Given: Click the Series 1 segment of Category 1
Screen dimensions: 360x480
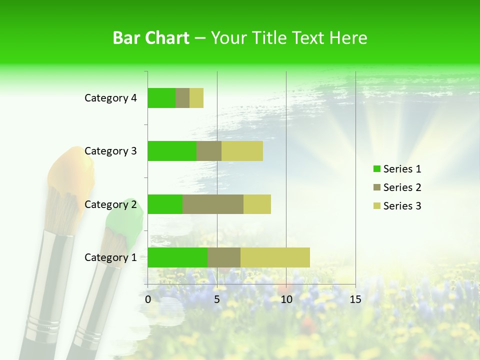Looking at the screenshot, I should coord(177,257).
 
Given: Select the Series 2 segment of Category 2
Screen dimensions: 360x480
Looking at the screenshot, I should coord(213,204).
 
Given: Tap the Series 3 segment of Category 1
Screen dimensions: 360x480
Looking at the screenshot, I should coord(275,257).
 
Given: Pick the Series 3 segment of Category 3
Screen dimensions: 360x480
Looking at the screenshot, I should coord(242,151).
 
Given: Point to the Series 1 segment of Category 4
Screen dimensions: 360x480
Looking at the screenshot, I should coord(161,98).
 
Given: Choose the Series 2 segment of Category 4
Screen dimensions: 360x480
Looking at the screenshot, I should coord(182,98).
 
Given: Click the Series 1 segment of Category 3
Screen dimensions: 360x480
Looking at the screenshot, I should coord(172,151).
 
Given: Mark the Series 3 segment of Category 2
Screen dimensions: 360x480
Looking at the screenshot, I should coord(257,204).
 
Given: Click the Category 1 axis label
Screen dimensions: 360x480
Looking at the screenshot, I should coord(110,257).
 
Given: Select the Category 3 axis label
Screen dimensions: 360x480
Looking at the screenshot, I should coord(110,151).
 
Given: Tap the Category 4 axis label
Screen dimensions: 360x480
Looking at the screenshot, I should coord(110,98).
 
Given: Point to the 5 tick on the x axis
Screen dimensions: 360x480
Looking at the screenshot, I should coord(217,299).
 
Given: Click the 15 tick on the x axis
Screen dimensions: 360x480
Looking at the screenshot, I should coord(355,299).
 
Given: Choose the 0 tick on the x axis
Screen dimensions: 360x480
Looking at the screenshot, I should coord(148,299).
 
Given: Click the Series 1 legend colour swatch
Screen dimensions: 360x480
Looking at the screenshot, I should coord(376,169).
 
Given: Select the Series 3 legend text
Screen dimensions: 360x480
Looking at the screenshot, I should coord(402,206).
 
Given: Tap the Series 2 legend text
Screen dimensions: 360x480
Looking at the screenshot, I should coord(402,187).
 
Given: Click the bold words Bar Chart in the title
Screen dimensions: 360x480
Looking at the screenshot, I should coord(151,38).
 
